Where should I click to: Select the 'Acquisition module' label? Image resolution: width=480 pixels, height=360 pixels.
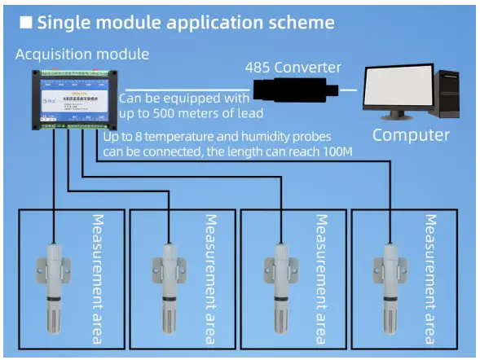click(x=82, y=55)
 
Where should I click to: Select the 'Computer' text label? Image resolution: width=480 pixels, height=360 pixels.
click(x=411, y=134)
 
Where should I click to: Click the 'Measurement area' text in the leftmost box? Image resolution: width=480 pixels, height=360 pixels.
click(x=99, y=278)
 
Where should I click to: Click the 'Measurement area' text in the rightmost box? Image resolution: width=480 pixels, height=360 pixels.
click(x=432, y=278)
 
